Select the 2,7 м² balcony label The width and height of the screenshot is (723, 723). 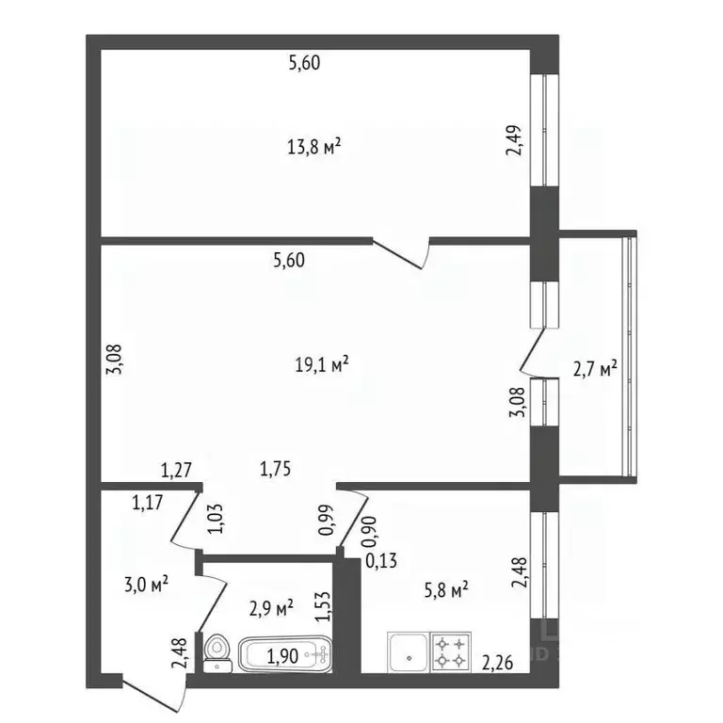(x=595, y=368)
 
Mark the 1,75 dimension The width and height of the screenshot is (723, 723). (x=272, y=467)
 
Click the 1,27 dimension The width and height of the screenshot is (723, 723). (x=176, y=467)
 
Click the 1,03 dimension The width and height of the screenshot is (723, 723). (x=217, y=519)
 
